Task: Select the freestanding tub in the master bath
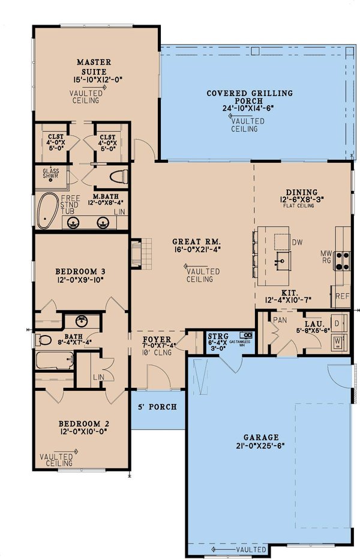pyautogui.click(x=46, y=212)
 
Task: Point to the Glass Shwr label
pyautogui.click(x=50, y=174)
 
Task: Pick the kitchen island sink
pyautogui.click(x=280, y=259)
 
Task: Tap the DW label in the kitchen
pyautogui.click(x=296, y=242)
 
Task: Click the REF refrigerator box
pyautogui.click(x=341, y=296)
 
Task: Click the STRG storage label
pyautogui.click(x=214, y=337)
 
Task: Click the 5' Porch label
pyautogui.click(x=158, y=406)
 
